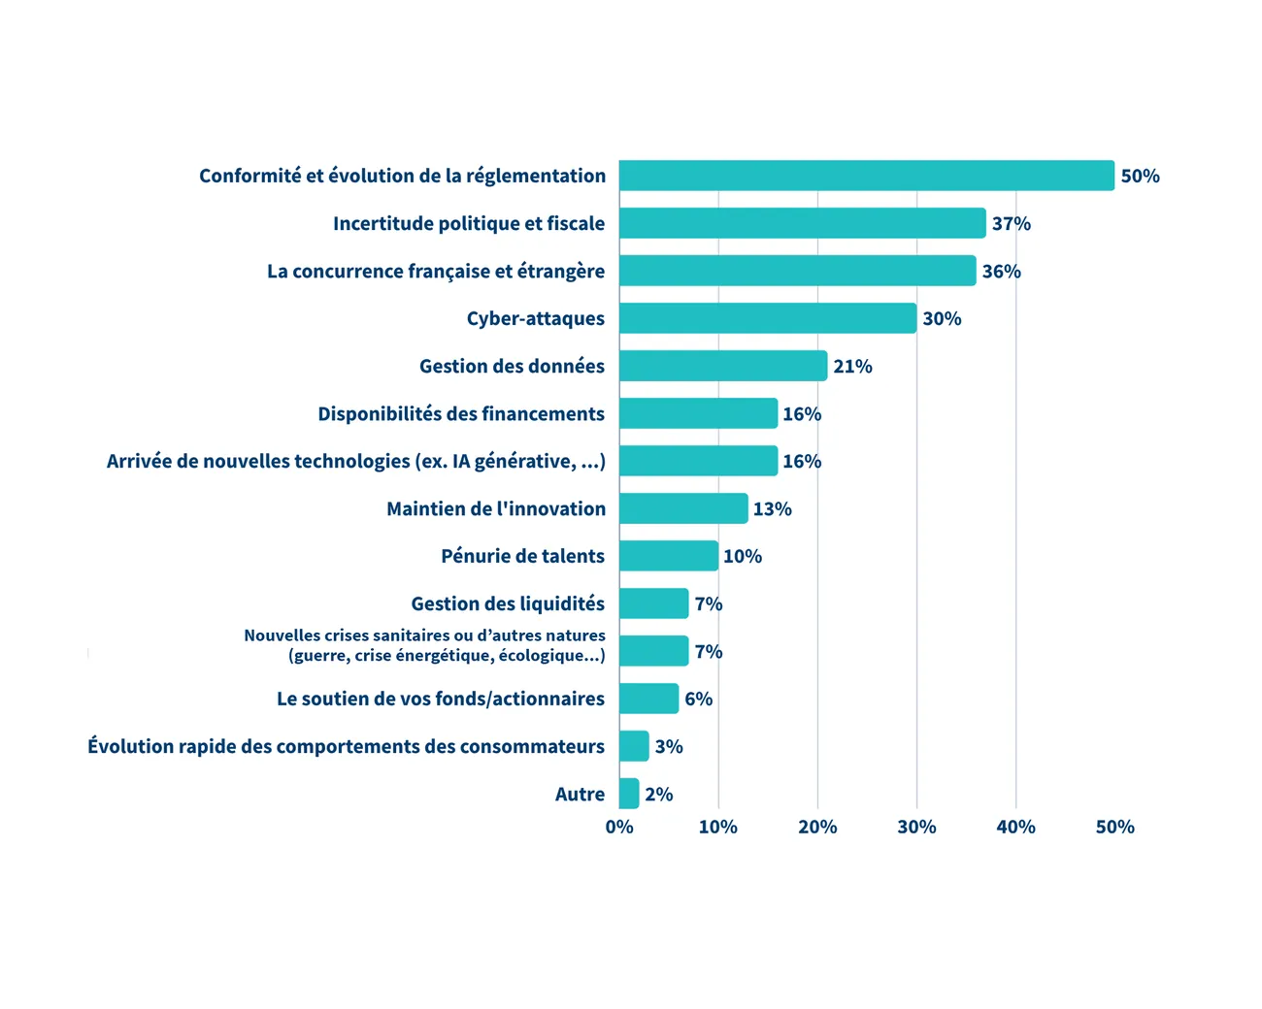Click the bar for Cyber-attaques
tap(768, 318)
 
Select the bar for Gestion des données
tap(723, 366)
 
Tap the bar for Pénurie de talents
tap(669, 556)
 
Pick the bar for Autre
tap(629, 794)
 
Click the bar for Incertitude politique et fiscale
tap(803, 223)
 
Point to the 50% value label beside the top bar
tap(1140, 176)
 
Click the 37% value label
tap(1011, 223)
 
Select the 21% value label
tap(852, 366)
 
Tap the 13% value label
tap(772, 508)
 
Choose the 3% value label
tap(668, 746)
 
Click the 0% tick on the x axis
tap(619, 827)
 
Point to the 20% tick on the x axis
tap(817, 827)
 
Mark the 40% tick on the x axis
tap(1015, 827)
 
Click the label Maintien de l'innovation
tap(496, 508)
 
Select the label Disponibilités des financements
tap(461, 413)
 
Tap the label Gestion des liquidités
tap(508, 603)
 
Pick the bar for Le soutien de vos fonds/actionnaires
tap(648, 699)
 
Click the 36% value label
tap(1001, 271)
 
